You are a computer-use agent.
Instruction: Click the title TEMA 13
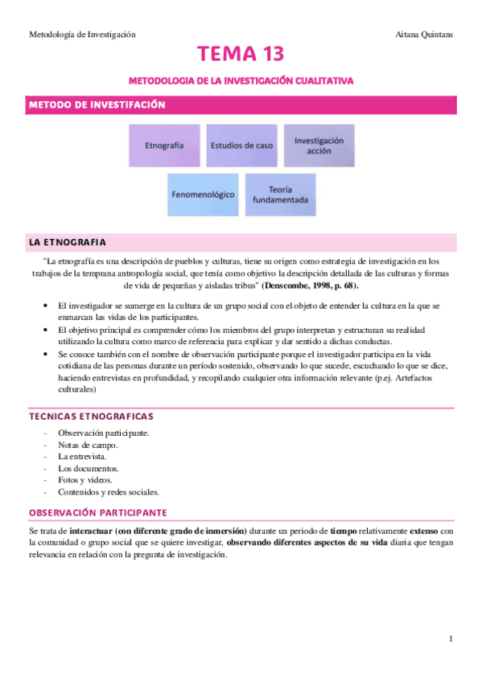[241, 55]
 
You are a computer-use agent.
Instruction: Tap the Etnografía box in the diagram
[164, 146]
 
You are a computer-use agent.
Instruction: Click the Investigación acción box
[318, 146]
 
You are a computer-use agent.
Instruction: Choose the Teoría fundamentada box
[279, 194]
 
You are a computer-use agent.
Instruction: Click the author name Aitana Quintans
[426, 35]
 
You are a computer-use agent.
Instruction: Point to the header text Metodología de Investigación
[82, 35]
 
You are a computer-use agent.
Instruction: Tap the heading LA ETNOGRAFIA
[67, 242]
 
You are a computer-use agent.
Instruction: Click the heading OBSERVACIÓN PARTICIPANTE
[97, 512]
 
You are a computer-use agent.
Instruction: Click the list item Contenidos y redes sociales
[109, 492]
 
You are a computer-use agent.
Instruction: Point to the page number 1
[452, 639]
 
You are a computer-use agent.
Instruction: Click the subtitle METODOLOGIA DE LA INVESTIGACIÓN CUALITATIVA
[241, 81]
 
